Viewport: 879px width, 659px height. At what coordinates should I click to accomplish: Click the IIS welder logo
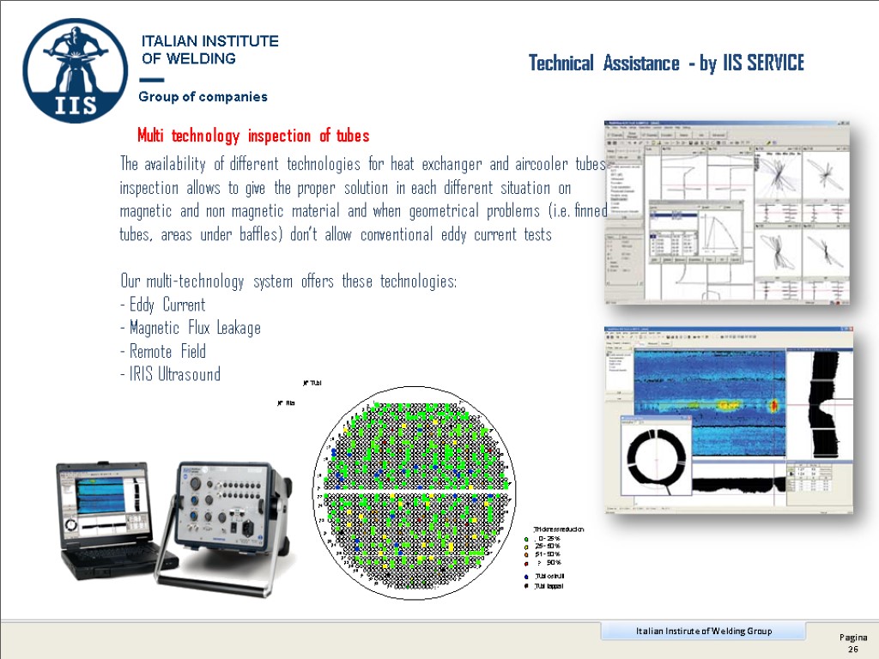coord(76,71)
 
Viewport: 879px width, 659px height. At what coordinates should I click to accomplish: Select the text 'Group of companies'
coord(203,97)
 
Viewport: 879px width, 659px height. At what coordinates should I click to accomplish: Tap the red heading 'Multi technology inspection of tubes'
coord(253,136)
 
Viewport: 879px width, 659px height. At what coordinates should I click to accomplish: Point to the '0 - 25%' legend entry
coord(548,538)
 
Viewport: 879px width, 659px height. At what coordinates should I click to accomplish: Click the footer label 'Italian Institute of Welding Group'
coord(703,632)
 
